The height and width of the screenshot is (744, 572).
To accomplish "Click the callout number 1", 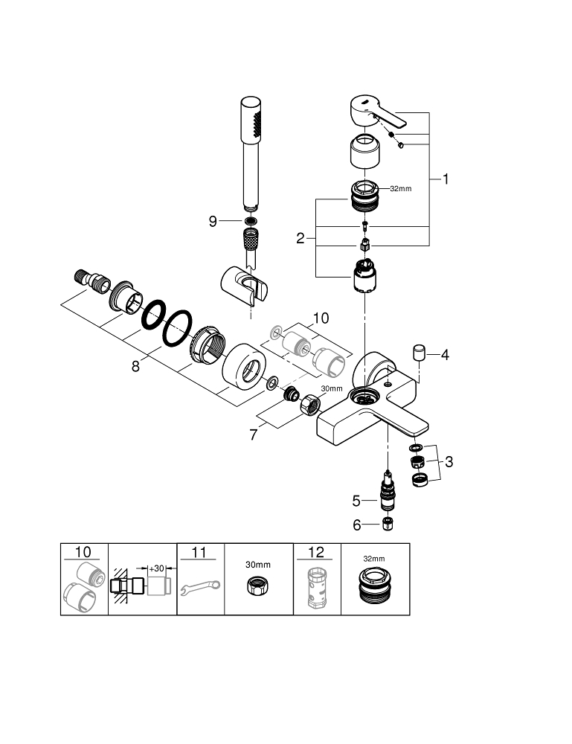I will tap(446, 179).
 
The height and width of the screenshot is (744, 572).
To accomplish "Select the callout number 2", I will tap(301, 239).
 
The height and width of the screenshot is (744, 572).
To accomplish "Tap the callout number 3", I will tap(449, 462).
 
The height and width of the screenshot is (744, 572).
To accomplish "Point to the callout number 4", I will tap(445, 355).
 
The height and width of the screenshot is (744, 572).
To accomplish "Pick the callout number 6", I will tap(356, 525).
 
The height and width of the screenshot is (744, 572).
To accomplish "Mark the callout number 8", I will tap(135, 367).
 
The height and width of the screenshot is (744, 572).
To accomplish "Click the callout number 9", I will tap(213, 221).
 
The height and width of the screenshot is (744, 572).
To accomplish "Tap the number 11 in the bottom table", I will tap(199, 552).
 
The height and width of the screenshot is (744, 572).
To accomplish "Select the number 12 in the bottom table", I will tap(315, 552).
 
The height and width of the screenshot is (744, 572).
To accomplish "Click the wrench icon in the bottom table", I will tap(199, 587).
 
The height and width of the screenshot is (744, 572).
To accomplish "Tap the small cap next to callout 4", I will tap(419, 351).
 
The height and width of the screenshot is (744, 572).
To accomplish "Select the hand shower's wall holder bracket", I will tap(243, 284).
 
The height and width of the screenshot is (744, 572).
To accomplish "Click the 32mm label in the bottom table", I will tap(374, 559).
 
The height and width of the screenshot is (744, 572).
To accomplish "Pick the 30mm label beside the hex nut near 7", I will tap(332, 388).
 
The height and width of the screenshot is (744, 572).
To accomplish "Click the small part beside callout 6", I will tap(387, 525).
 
